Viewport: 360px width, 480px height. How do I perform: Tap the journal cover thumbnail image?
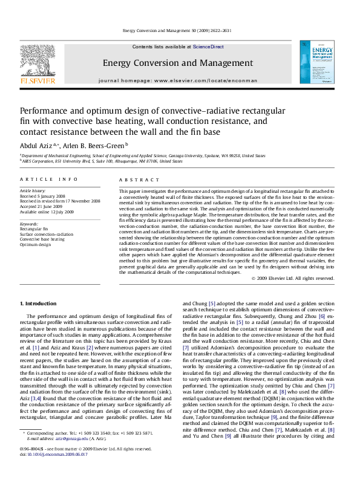pos(316,66)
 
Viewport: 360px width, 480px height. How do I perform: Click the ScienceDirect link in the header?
pos(208,47)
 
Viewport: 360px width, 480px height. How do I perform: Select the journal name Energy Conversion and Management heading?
pos(177,63)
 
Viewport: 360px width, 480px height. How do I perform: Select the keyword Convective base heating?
pos(42,239)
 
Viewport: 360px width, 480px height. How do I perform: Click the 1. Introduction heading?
pos(39,303)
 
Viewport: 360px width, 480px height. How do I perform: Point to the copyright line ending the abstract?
pos(292,278)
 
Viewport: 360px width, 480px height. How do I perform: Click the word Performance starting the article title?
pos(46,111)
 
